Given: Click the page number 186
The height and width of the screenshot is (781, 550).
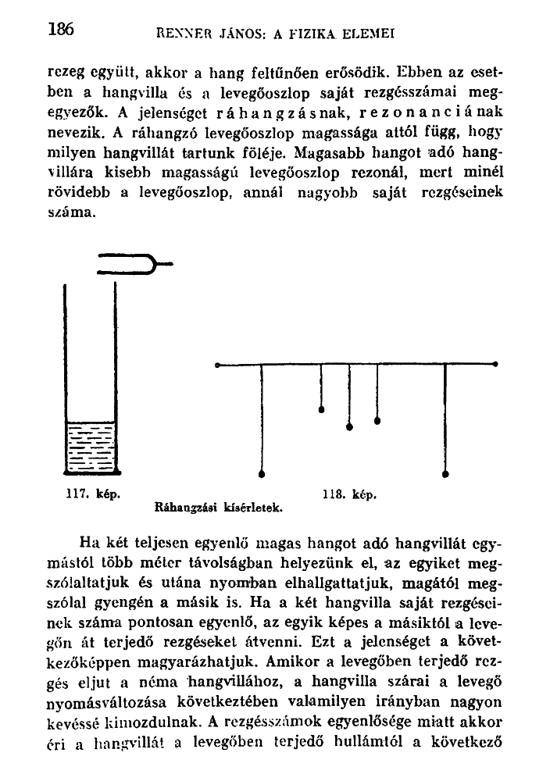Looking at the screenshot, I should pos(59,30).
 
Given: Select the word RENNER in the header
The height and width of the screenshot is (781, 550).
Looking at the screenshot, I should pos(180,34).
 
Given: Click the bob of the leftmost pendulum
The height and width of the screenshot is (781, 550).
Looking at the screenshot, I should pos(262,473).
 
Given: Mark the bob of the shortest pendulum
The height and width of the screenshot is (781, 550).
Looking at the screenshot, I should pos(321,407).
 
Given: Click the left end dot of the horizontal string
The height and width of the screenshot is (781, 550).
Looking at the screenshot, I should pos(217,363).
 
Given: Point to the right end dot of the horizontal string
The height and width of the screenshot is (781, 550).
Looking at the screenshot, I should pos(495,363).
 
